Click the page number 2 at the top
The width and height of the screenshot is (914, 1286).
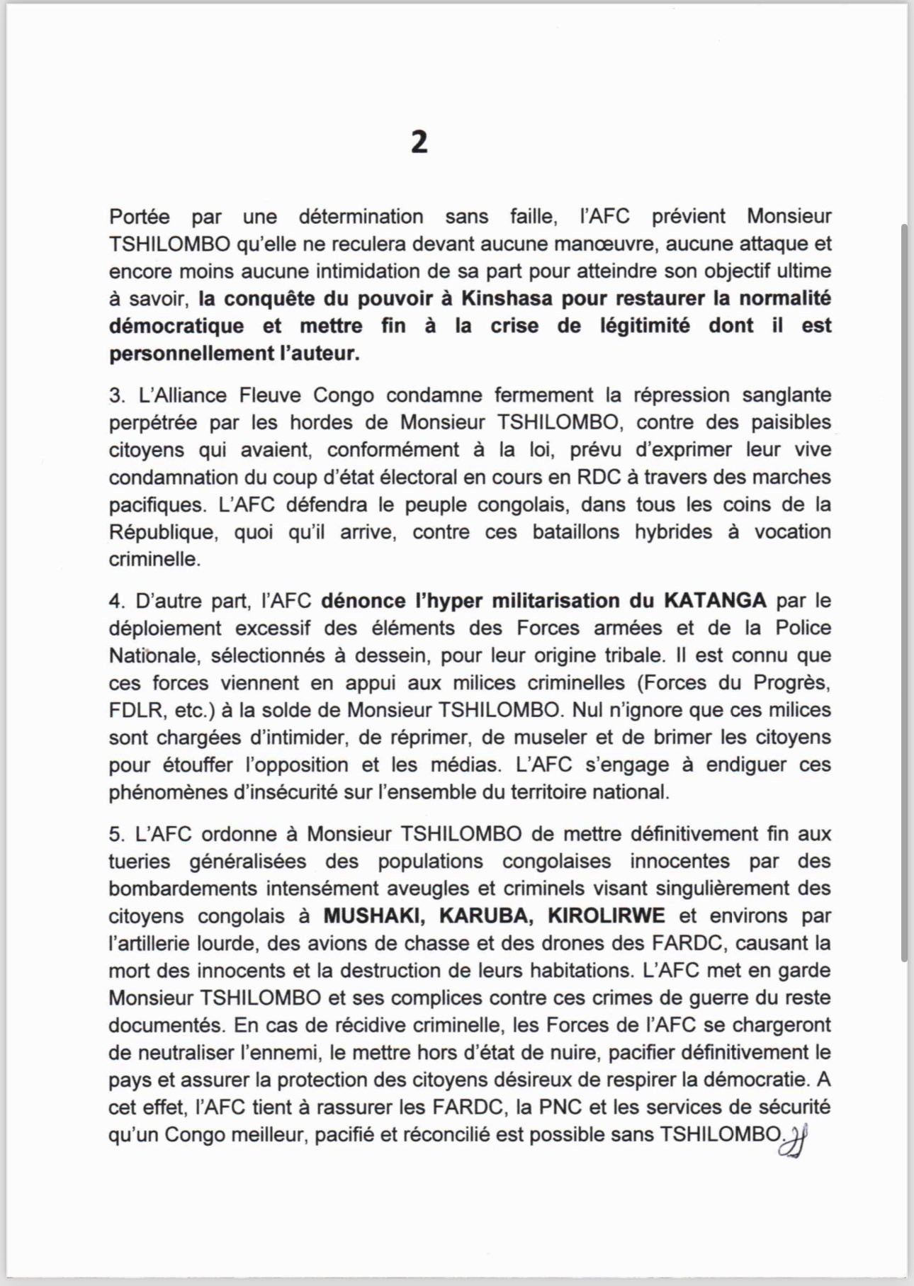(x=419, y=143)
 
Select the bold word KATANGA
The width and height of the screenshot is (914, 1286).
(x=714, y=601)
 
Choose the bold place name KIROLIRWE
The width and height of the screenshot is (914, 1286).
(x=606, y=916)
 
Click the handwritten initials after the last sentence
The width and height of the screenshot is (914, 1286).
(x=793, y=1141)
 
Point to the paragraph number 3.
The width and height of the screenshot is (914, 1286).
(x=115, y=395)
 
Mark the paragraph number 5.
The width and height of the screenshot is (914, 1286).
(x=115, y=834)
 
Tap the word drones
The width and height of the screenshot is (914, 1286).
(x=658, y=944)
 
